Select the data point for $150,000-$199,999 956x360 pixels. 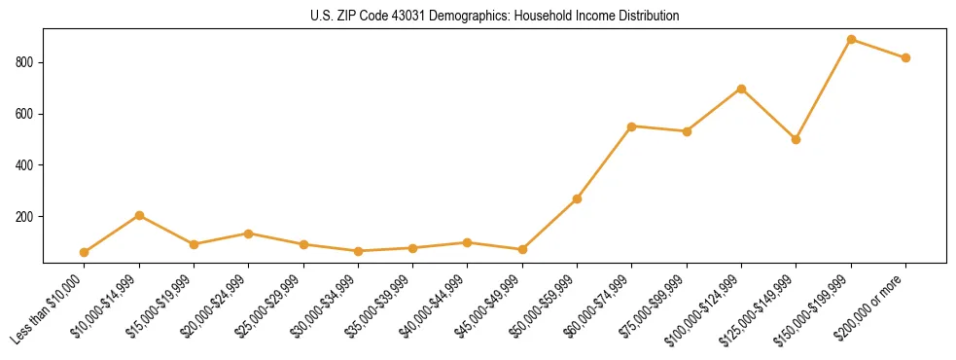pos(851,40)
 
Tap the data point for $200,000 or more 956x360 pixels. pos(905,57)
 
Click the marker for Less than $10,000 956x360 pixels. pos(85,252)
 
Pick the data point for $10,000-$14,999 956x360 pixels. pos(139,215)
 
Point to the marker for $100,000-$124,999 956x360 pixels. pos(741,89)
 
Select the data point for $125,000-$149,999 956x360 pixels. pos(796,139)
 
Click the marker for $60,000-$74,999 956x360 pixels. pos(632,126)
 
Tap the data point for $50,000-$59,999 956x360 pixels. pos(577,198)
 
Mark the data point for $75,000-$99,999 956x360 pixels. pos(687,131)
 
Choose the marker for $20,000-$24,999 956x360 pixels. pos(249,234)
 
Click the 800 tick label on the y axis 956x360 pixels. pos(26,62)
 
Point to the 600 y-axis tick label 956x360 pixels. pos(26,114)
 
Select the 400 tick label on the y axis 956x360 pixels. pos(26,165)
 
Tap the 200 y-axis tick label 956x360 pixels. pos(26,216)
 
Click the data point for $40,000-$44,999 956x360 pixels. pos(468,242)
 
